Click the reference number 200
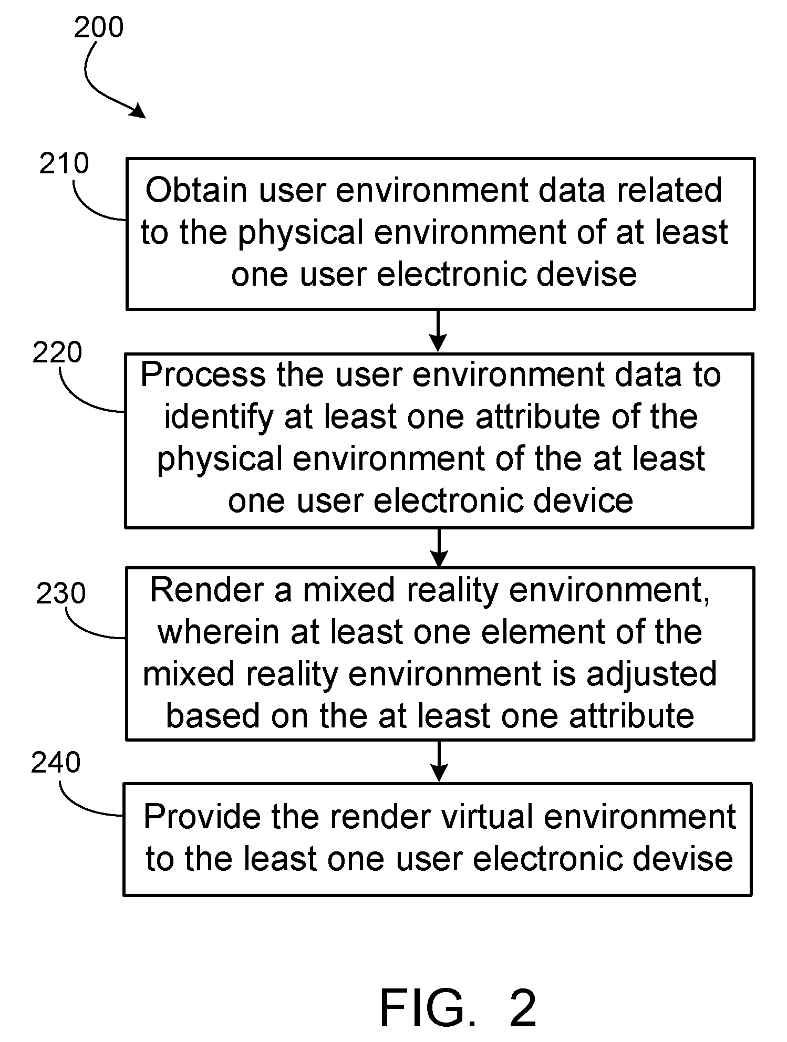click(99, 27)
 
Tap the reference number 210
click(64, 164)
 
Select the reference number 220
click(57, 352)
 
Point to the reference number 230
click(61, 594)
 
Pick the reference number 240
click(56, 763)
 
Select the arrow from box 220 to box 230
click(439, 547)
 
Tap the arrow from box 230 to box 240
click(439, 761)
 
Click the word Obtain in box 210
click(196, 190)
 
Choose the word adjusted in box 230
click(651, 675)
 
